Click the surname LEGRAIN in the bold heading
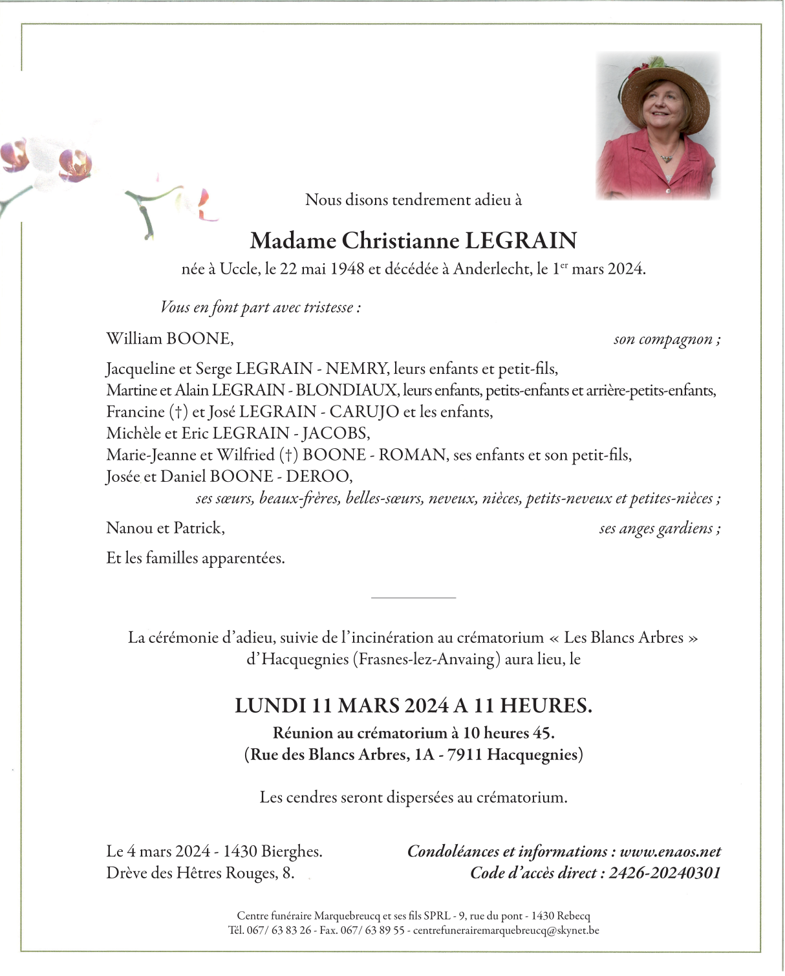coord(521,241)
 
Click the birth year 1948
coord(347,269)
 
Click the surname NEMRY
coord(356,369)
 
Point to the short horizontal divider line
coord(413,598)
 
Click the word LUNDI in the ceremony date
coord(270,705)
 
